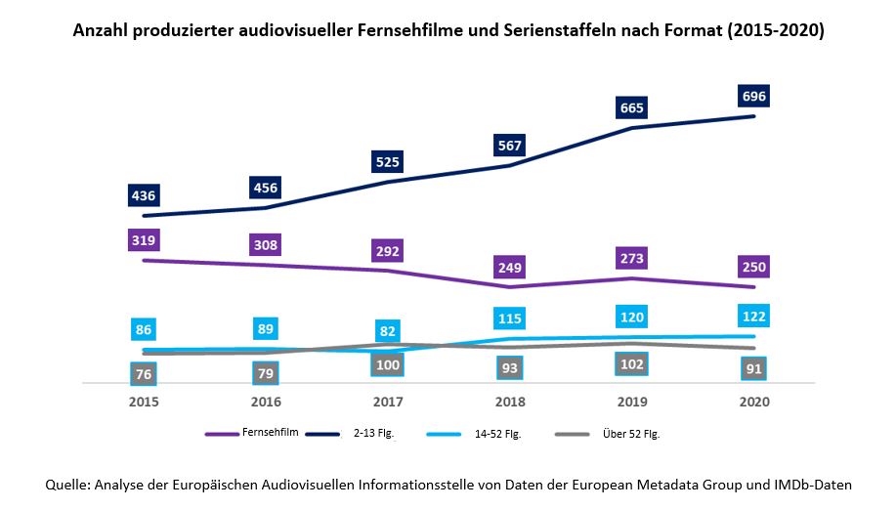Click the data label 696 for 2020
click(754, 96)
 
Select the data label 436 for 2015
click(144, 194)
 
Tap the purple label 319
click(144, 239)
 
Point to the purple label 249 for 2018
click(510, 267)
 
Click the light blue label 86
click(144, 329)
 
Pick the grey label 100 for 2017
click(388, 365)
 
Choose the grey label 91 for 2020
click(754, 369)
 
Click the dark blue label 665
click(632, 107)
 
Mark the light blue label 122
click(754, 316)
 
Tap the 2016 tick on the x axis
click(266, 402)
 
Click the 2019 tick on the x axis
click(632, 402)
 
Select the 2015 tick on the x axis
click(144, 402)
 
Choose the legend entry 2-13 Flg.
click(374, 434)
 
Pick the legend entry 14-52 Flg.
click(498, 434)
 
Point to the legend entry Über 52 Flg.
click(632, 434)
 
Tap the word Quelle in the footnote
click(69, 484)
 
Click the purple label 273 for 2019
click(632, 260)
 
